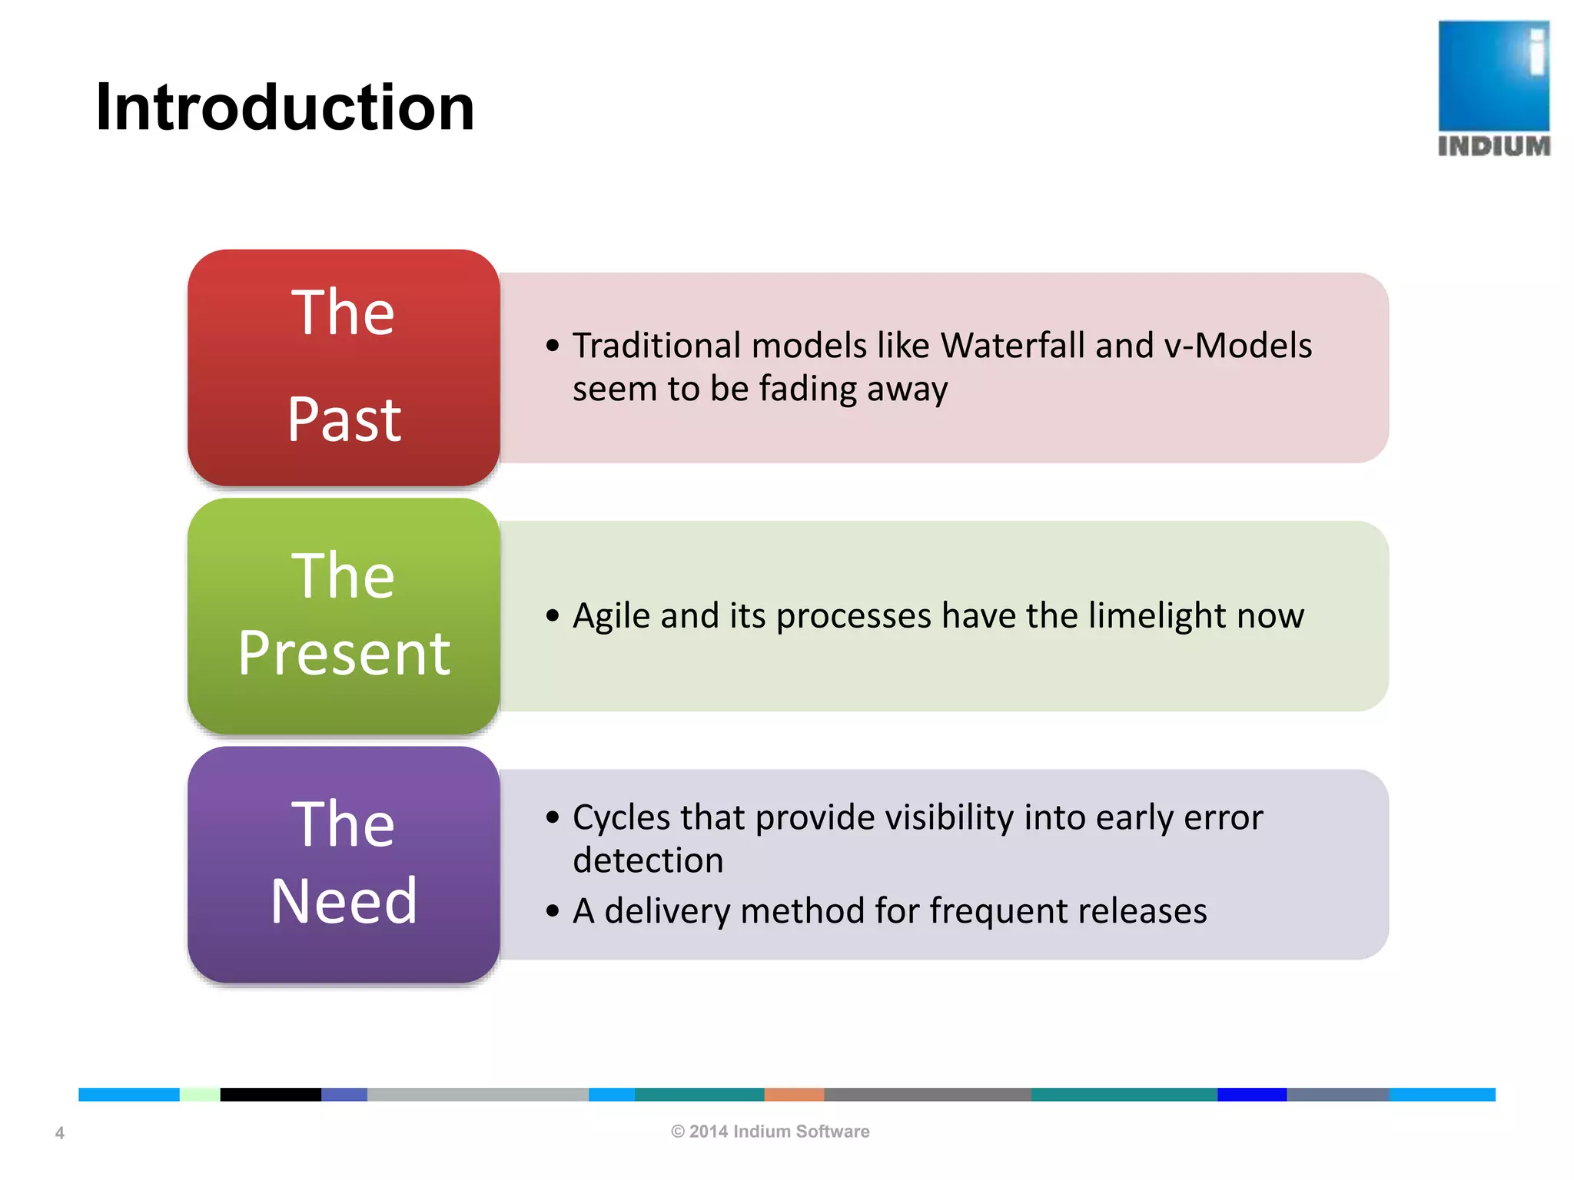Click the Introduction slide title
(284, 108)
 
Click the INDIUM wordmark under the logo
(1493, 146)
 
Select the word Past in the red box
(344, 420)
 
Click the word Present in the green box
(344, 654)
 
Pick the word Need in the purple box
(344, 901)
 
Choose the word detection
(648, 860)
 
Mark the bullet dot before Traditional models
(552, 346)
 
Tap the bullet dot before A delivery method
(552, 912)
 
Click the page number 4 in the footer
(60, 1133)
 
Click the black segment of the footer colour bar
(270, 1095)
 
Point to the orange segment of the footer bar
(793, 1095)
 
